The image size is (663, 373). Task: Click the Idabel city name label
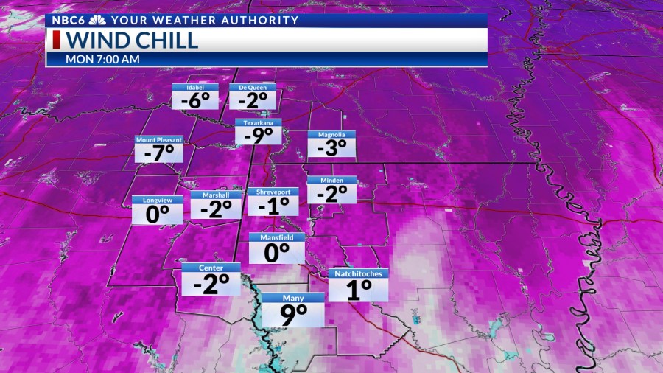194,87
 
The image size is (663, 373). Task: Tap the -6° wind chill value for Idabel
194,100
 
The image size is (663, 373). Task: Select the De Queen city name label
253,87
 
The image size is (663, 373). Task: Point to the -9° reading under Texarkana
259,135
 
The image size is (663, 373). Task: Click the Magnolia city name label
331,135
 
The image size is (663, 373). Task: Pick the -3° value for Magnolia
331,147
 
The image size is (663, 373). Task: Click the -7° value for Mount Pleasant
158,153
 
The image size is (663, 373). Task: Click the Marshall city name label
216,195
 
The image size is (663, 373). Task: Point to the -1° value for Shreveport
273,206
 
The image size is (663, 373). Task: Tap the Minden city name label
331,181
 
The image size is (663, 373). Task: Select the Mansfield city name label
276,237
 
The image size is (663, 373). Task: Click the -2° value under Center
211,284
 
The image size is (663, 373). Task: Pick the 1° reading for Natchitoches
358,290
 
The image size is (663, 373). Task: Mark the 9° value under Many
293,315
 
